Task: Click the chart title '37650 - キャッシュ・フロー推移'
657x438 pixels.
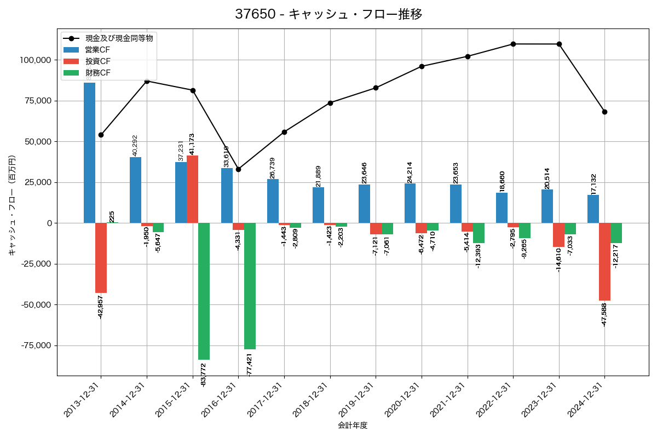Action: (328, 14)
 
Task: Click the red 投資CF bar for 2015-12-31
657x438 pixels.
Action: (192, 189)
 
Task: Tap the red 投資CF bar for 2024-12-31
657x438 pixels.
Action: (604, 262)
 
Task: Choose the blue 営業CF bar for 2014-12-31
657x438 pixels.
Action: (135, 190)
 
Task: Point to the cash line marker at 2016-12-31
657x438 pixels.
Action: (238, 169)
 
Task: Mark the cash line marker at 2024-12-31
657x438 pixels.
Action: (604, 112)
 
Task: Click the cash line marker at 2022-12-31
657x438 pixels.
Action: (513, 44)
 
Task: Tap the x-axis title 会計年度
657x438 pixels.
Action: (352, 425)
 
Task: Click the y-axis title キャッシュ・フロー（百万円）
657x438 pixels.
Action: (12, 205)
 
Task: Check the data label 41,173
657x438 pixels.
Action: (192, 143)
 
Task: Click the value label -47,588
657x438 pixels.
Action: (604, 314)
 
